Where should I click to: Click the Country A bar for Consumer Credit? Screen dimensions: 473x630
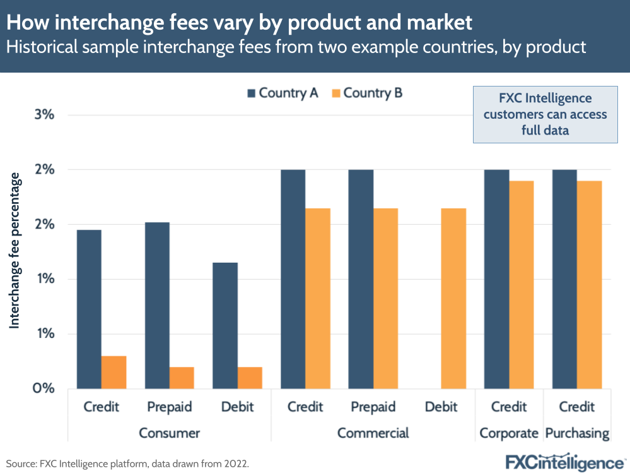tap(89, 309)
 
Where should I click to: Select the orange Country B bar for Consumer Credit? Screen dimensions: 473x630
tap(114, 372)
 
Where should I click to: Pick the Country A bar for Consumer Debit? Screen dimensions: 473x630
tap(225, 325)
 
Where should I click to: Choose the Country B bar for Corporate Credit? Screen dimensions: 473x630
tap(522, 284)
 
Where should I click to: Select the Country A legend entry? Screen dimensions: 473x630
tap(283, 93)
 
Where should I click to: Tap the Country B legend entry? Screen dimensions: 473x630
tap(366, 93)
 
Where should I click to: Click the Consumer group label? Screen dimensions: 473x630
tap(169, 433)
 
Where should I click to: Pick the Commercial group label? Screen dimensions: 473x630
tap(373, 433)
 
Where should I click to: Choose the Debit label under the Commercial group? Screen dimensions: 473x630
tap(441, 407)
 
